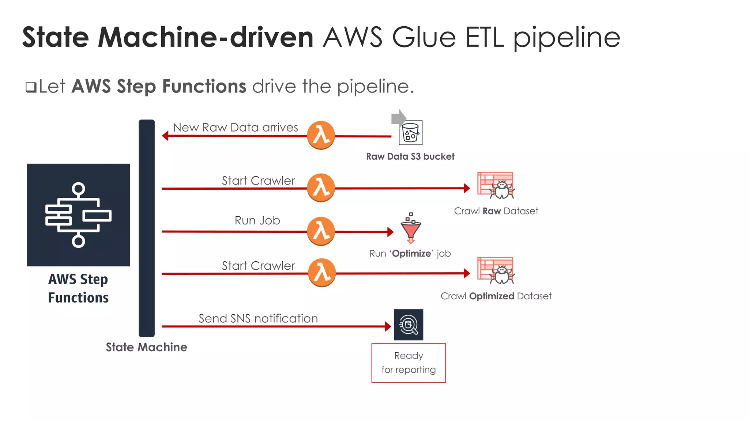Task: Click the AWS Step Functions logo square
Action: (78, 215)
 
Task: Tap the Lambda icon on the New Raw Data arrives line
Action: (321, 135)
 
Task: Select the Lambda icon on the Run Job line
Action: (321, 231)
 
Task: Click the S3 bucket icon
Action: (410, 133)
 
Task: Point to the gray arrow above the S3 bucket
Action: (398, 118)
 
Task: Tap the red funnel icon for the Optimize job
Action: (411, 229)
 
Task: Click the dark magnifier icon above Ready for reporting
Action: (409, 325)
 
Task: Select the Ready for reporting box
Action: (409, 363)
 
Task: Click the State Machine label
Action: (146, 347)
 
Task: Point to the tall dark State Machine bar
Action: (147, 228)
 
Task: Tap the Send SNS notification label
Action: (258, 318)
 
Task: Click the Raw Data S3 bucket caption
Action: (410, 156)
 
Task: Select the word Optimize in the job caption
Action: (411, 254)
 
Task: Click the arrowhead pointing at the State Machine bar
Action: (165, 136)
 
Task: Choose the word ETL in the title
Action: (485, 37)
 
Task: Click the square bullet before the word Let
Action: (31, 87)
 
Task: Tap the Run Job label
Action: (257, 220)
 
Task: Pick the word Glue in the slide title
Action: (424, 37)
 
